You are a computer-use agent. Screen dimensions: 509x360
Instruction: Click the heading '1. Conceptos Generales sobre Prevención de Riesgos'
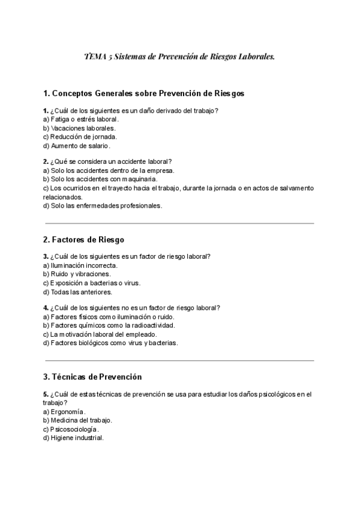tap(143, 94)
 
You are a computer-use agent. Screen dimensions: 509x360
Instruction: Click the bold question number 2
tap(46, 161)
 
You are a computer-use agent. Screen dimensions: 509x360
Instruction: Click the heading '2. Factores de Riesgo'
tap(84, 239)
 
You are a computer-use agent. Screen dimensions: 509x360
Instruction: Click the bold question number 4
tap(46, 308)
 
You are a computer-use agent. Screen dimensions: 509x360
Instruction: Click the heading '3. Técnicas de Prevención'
tap(92, 377)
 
